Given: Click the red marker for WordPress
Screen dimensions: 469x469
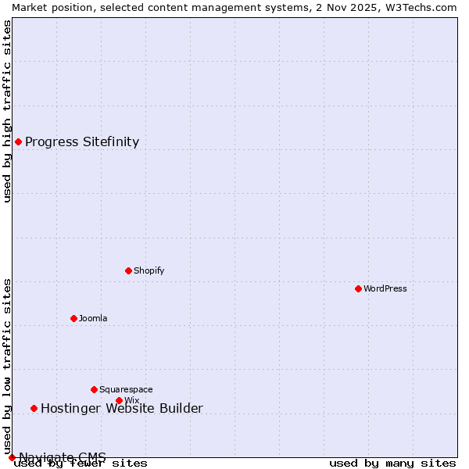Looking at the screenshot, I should [358, 288].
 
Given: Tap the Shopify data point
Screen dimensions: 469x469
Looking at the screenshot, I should [128, 270].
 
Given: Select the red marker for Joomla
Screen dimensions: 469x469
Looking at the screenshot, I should [73, 318].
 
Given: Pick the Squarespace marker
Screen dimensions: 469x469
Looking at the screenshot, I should [94, 389].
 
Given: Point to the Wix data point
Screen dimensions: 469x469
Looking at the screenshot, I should [119, 400].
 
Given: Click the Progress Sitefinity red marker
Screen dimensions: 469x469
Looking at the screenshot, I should [18, 141].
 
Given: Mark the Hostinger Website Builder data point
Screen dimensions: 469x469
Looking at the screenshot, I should [34, 408].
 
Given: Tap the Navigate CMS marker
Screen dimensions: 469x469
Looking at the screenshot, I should [12, 457].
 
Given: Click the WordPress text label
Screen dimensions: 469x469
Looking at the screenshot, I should [385, 288].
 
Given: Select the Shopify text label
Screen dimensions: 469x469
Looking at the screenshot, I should [149, 270].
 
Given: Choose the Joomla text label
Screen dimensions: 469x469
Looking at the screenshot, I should [93, 318].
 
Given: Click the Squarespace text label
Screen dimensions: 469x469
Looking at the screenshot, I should [126, 389].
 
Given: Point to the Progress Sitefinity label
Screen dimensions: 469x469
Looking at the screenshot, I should [82, 141].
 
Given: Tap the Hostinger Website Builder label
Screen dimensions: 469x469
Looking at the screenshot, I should [122, 408].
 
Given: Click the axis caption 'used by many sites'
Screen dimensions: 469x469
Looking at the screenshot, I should [392, 464].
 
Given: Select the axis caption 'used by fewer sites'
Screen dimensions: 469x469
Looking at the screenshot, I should [81, 464].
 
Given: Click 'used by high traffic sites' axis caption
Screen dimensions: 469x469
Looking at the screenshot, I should [7, 111].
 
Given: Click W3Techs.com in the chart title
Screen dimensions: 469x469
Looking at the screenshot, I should [421, 7].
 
